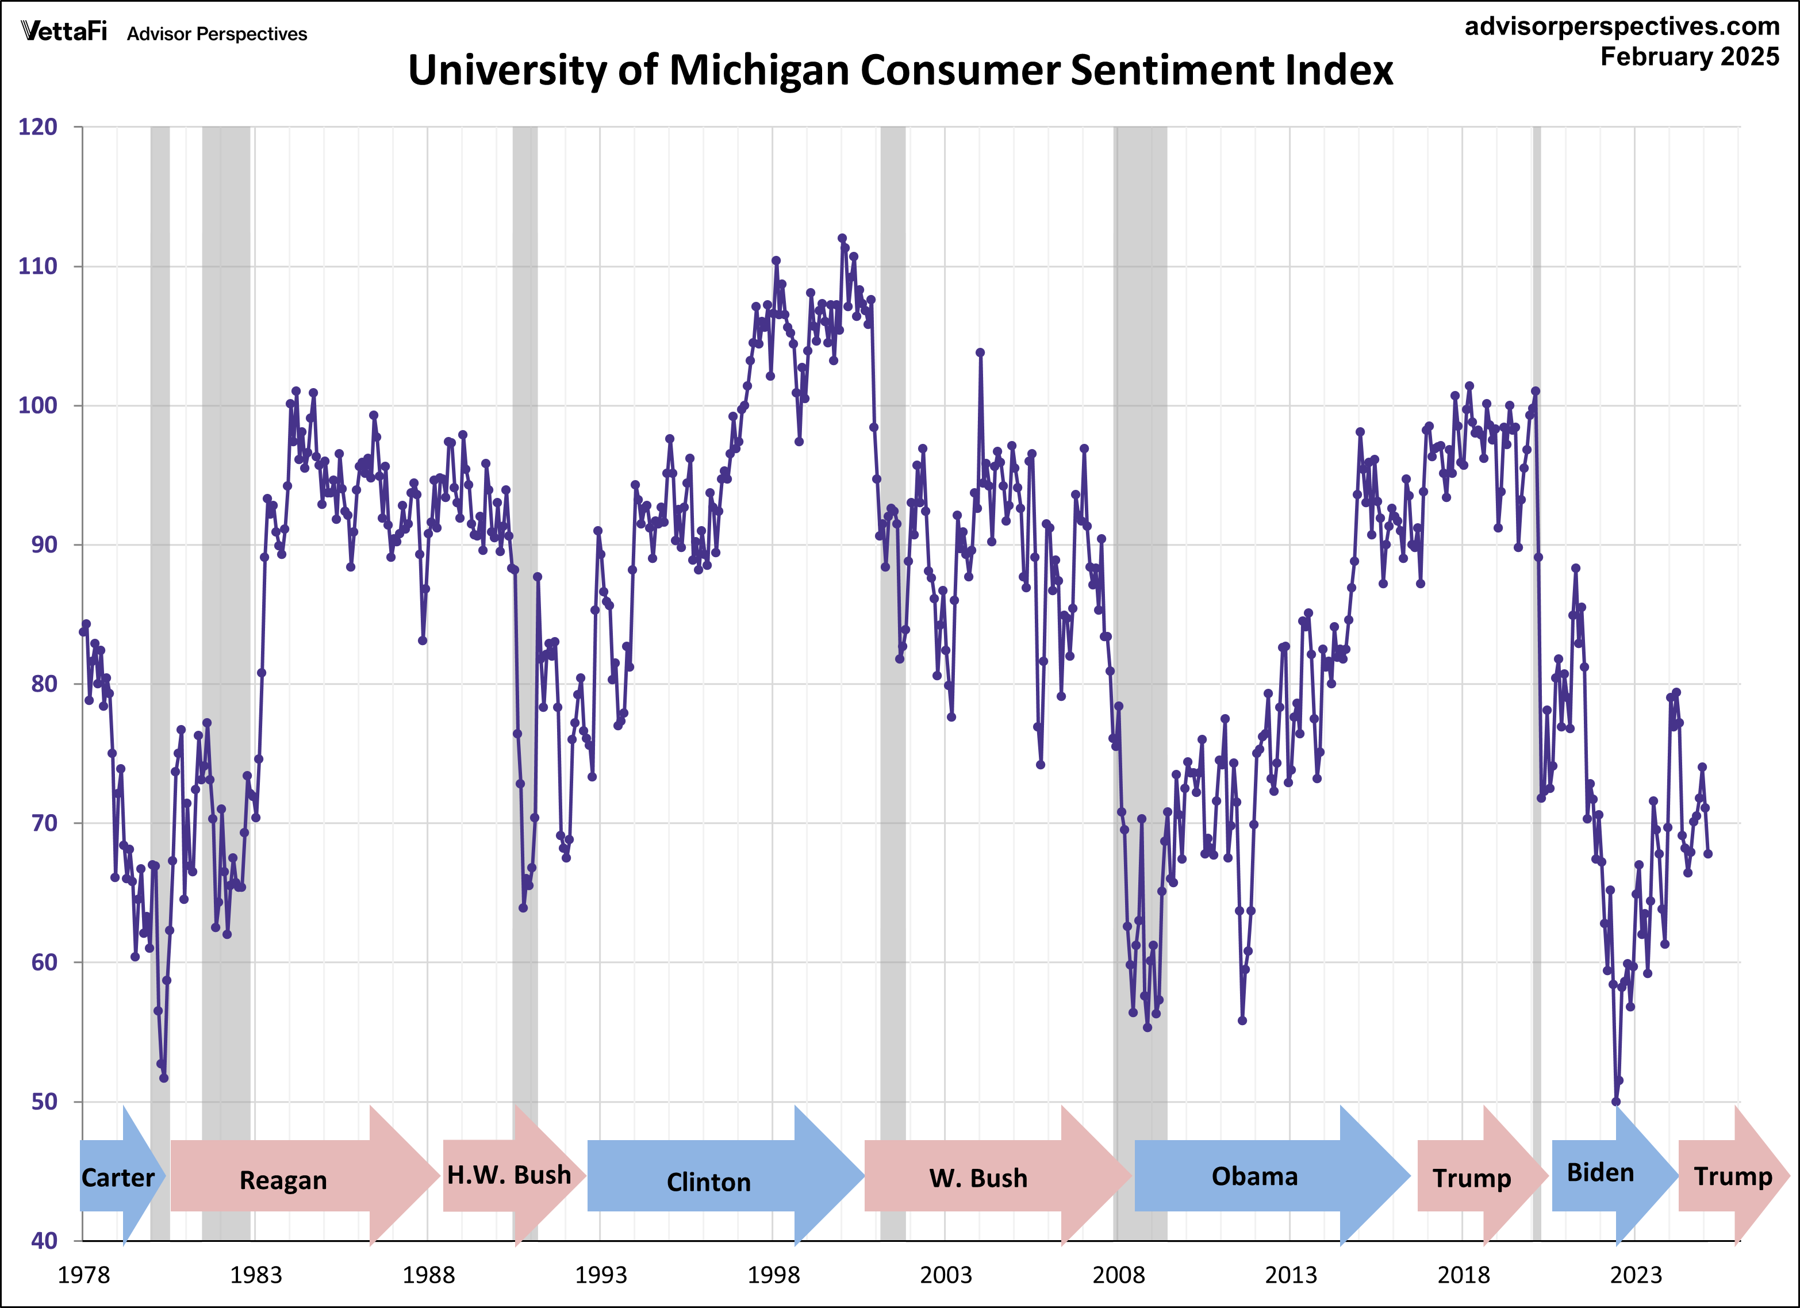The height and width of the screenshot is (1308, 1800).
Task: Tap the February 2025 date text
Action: click(1690, 57)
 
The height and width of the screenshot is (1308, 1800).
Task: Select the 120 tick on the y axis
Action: click(38, 127)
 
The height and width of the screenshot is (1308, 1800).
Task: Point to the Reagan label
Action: click(283, 1180)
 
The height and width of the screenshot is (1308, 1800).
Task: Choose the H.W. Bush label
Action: click(509, 1175)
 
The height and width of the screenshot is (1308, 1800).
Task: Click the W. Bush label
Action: click(978, 1178)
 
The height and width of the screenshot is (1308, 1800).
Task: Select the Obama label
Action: click(1255, 1176)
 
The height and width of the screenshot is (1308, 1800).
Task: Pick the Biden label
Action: click(1600, 1172)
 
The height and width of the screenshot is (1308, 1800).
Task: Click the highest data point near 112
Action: click(842, 238)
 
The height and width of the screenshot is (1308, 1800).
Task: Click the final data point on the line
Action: click(1708, 854)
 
